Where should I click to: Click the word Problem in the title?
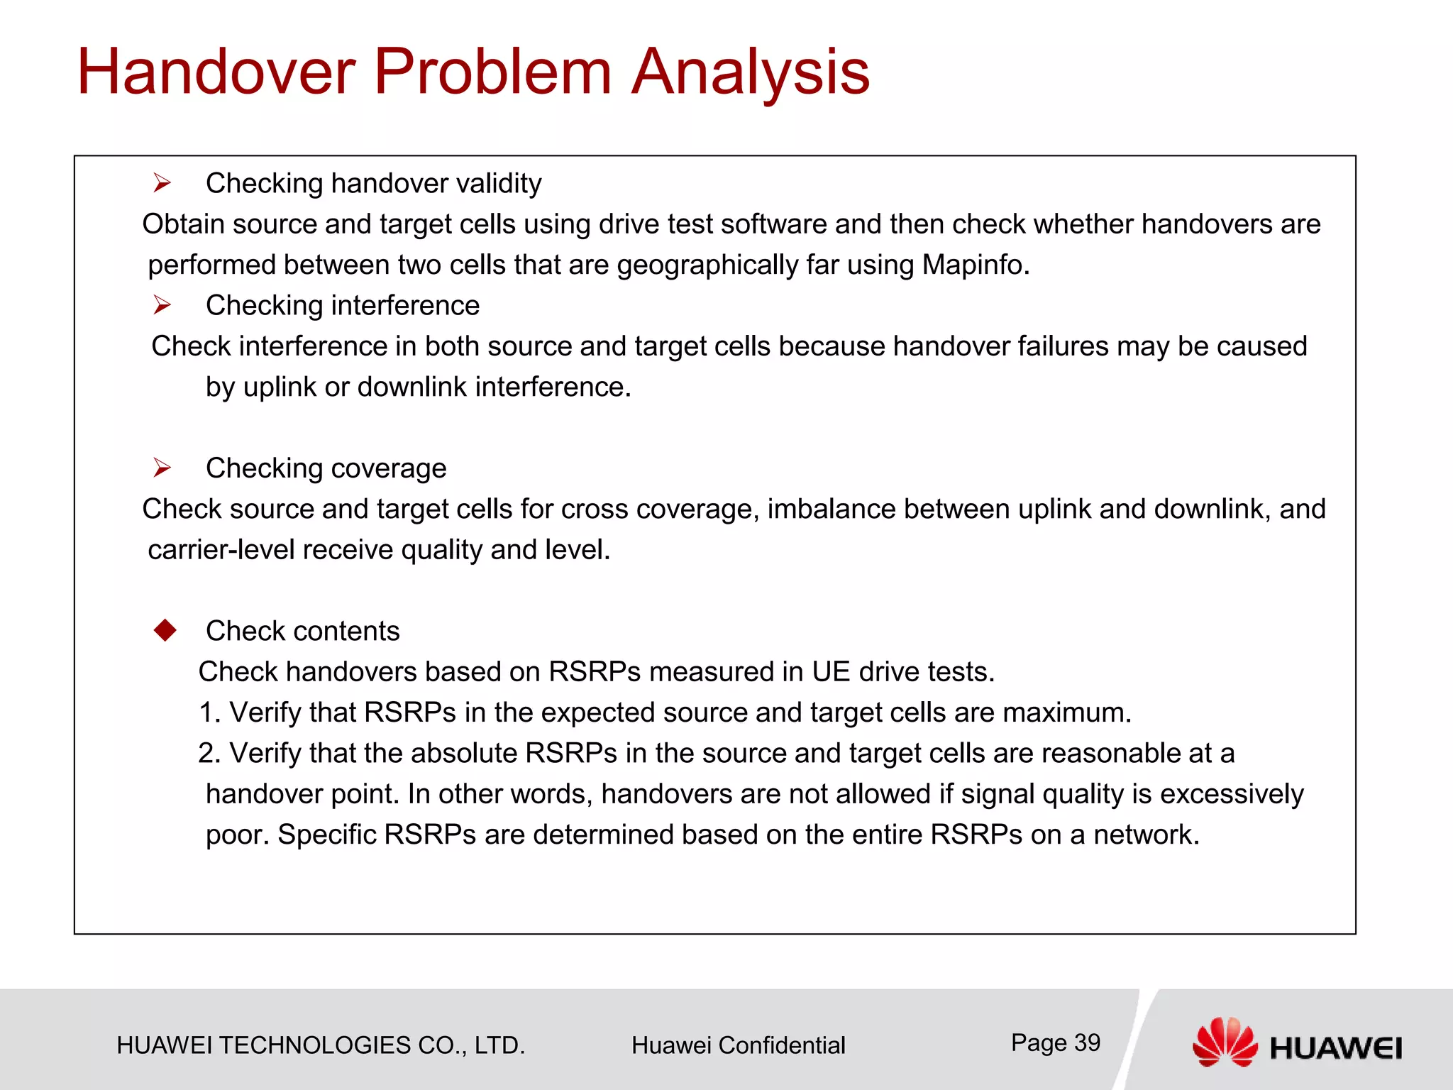(x=492, y=72)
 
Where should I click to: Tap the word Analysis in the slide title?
(x=750, y=72)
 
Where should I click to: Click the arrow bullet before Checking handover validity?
(x=162, y=184)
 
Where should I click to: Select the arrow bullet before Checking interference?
(x=162, y=306)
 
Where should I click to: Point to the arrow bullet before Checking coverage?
(x=162, y=468)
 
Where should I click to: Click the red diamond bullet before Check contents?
(x=165, y=630)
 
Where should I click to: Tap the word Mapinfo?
(x=975, y=265)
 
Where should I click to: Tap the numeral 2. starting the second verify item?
(x=210, y=754)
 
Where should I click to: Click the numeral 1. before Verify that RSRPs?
(x=210, y=712)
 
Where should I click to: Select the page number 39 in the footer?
(x=1087, y=1042)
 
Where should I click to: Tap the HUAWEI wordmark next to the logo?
(x=1335, y=1048)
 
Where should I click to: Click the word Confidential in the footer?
(x=781, y=1045)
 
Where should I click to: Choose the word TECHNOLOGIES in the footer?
(x=314, y=1045)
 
